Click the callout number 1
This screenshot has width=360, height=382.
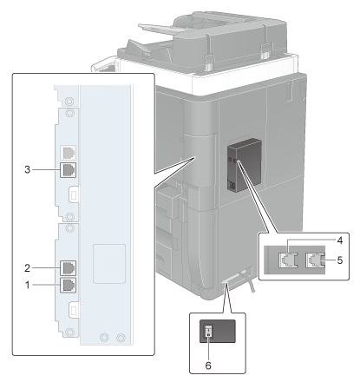[x=28, y=285]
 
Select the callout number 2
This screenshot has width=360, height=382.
[x=27, y=268]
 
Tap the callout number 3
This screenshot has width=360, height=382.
[x=27, y=169]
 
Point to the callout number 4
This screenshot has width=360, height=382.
[x=340, y=240]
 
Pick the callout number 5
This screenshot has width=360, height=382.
[x=340, y=260]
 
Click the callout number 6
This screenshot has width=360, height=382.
[x=208, y=366]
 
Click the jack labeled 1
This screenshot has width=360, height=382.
[x=69, y=285]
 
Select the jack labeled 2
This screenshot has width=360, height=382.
[x=69, y=268]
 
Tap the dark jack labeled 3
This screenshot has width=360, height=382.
[x=69, y=169]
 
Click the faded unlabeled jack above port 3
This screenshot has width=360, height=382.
[x=69, y=153]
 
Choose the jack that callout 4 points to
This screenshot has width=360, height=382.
[x=288, y=260]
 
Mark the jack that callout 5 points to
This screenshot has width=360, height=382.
[x=315, y=260]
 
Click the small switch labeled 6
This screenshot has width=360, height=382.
[x=208, y=331]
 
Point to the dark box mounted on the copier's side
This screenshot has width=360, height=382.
[x=245, y=165]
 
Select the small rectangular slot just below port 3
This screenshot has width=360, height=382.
[x=74, y=195]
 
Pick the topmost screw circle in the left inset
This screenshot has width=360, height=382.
[x=69, y=102]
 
